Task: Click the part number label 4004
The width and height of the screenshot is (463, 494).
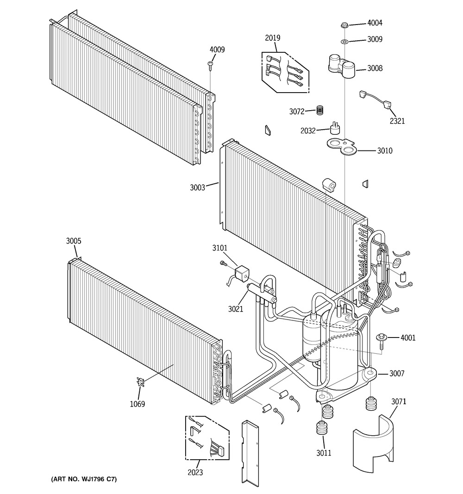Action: pyautogui.click(x=375, y=23)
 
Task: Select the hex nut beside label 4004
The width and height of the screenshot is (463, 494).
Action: pyautogui.click(x=344, y=24)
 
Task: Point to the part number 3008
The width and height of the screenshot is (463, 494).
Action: pyautogui.click(x=375, y=68)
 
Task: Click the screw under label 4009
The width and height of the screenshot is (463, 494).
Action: pyautogui.click(x=211, y=65)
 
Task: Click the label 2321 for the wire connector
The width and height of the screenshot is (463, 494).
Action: pyautogui.click(x=397, y=121)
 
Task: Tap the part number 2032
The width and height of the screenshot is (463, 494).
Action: pyautogui.click(x=308, y=131)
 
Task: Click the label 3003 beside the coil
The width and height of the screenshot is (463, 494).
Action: pyautogui.click(x=197, y=188)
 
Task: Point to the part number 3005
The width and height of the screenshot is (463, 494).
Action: pyautogui.click(x=74, y=241)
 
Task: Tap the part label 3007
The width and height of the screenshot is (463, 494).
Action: pyautogui.click(x=397, y=374)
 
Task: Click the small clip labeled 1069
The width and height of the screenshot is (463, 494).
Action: pyautogui.click(x=140, y=382)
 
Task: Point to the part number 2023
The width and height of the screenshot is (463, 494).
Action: pyautogui.click(x=195, y=473)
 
